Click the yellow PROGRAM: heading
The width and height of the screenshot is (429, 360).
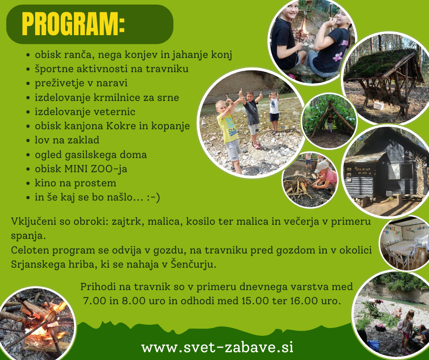pos(73,24)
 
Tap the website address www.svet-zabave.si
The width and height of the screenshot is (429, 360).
pos(217,347)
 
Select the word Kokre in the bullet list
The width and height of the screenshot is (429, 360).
pos(121,126)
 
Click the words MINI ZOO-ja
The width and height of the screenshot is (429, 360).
pos(95,169)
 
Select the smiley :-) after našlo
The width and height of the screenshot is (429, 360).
pos(153,197)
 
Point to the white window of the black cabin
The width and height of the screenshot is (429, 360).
pos(394,171)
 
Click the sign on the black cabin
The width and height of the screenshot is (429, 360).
pos(363,171)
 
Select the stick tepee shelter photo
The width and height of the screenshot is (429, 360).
pos(329,121)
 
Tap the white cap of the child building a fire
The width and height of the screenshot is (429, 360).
pos(321,167)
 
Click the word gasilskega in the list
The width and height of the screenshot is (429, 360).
pos(89,155)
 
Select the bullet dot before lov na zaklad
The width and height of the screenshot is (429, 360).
pos(28,141)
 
